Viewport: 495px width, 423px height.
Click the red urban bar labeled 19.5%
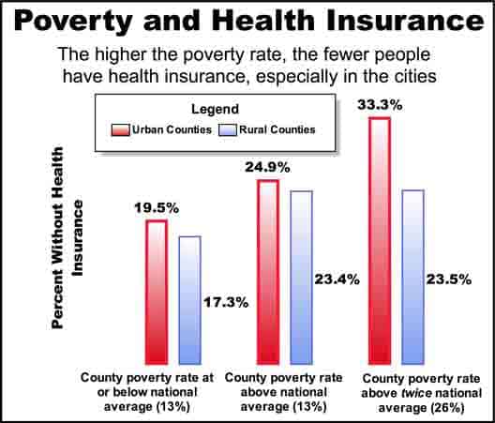pos(157,293)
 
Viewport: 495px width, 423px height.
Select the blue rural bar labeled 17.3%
pos(189,300)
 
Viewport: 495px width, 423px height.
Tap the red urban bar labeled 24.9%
pos(268,272)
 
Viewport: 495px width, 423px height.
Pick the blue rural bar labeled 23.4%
pos(302,278)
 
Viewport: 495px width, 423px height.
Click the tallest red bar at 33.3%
pos(380,241)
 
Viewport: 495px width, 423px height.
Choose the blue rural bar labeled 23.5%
pos(412,277)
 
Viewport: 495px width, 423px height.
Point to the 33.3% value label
pos(380,105)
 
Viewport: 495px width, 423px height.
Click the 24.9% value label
pos(268,168)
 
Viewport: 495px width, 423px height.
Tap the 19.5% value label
pos(157,208)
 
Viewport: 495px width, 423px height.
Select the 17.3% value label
pos(226,303)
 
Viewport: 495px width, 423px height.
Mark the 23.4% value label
pos(337,279)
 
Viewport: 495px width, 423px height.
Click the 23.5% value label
pos(449,279)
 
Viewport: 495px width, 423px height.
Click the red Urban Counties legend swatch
pos(120,130)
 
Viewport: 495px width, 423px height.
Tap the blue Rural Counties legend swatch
pos(228,130)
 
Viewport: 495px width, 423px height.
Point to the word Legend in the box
pos(215,110)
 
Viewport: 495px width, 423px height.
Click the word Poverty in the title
pos(72,21)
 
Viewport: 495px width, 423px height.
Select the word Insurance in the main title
pos(405,21)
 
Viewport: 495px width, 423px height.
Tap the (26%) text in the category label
pos(447,408)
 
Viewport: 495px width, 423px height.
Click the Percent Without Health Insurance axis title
pos(67,237)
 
